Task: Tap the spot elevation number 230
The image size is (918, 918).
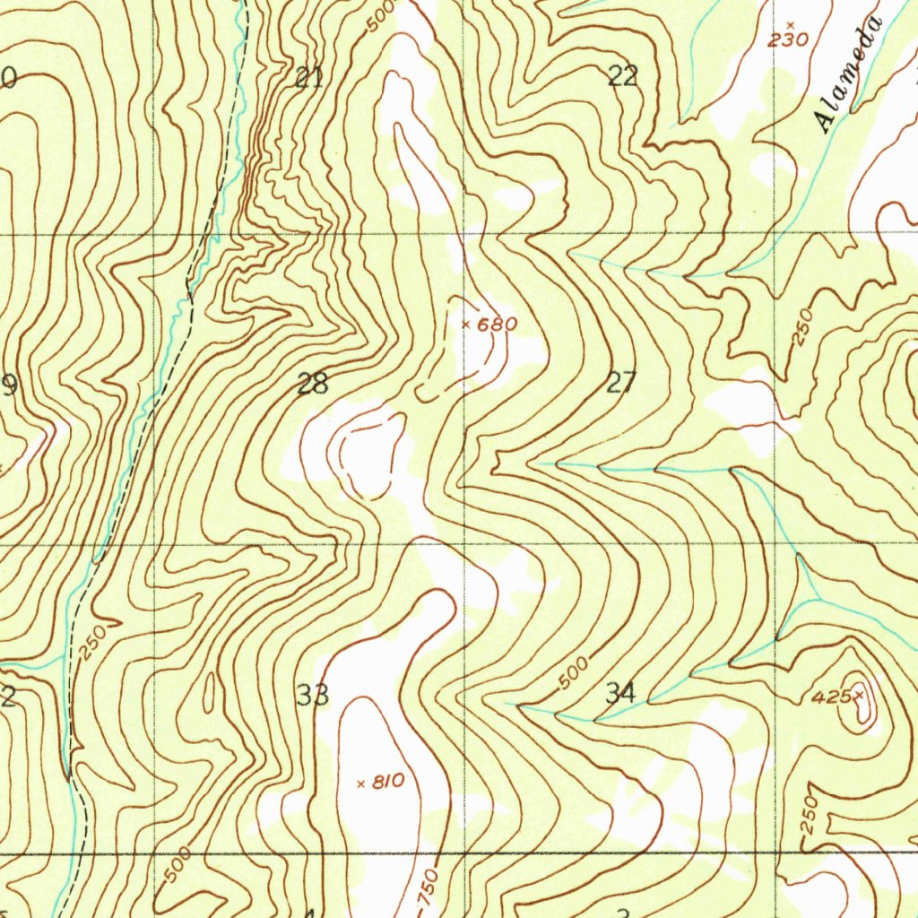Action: pyautogui.click(x=789, y=39)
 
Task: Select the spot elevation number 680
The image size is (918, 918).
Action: pyautogui.click(x=497, y=325)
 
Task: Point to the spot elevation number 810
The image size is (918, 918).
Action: pyautogui.click(x=387, y=782)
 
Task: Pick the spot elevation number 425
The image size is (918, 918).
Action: pyautogui.click(x=830, y=696)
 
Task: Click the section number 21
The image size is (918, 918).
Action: pyautogui.click(x=309, y=78)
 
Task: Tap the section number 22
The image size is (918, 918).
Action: pyautogui.click(x=623, y=76)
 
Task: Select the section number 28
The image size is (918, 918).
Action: pyautogui.click(x=312, y=385)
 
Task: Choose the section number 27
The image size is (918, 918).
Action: pyautogui.click(x=620, y=383)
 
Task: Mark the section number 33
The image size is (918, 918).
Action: pyautogui.click(x=313, y=695)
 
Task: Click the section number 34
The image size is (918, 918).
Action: pyautogui.click(x=621, y=693)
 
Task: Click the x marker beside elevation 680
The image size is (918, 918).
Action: pyautogui.click(x=465, y=324)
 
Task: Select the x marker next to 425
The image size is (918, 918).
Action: pyautogui.click(x=859, y=695)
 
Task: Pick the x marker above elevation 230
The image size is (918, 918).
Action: pyautogui.click(x=789, y=24)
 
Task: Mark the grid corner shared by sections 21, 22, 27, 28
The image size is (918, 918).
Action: pyautogui.click(x=464, y=235)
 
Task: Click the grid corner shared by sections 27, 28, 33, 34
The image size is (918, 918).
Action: pyautogui.click(x=464, y=544)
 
